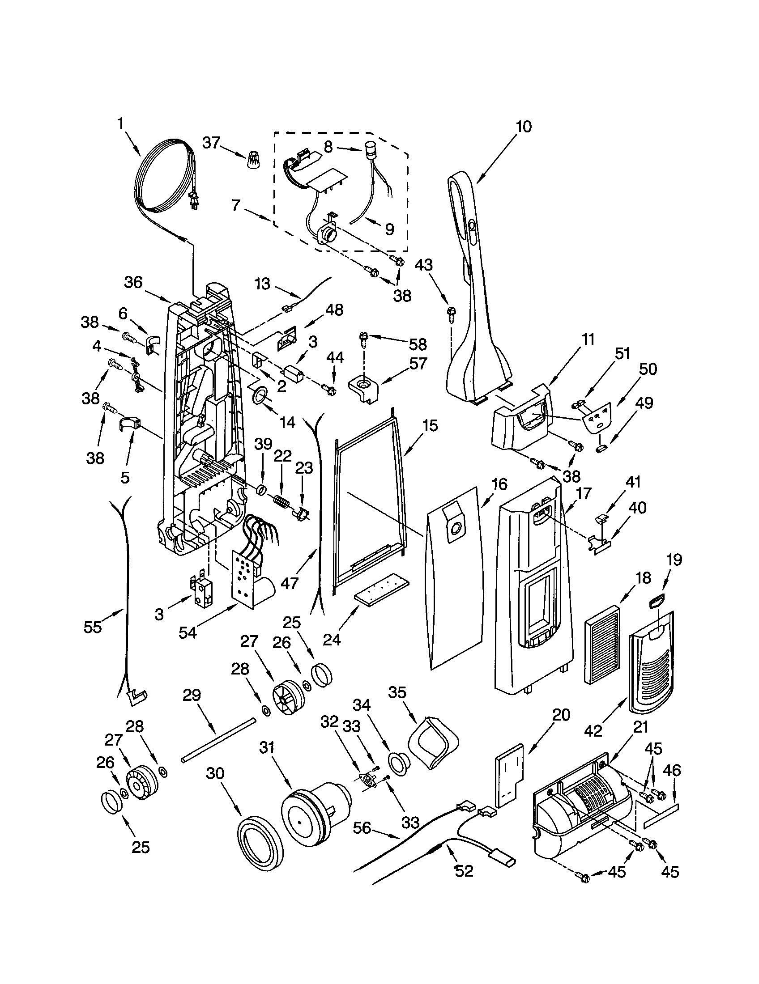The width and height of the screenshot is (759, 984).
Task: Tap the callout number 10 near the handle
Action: click(x=523, y=127)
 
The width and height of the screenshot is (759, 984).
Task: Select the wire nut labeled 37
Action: click(x=255, y=160)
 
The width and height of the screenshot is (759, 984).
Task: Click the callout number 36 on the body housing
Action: click(x=133, y=283)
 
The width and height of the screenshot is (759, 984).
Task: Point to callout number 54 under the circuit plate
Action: click(x=188, y=632)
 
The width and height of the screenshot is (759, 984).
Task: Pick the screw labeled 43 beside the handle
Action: click(x=451, y=314)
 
